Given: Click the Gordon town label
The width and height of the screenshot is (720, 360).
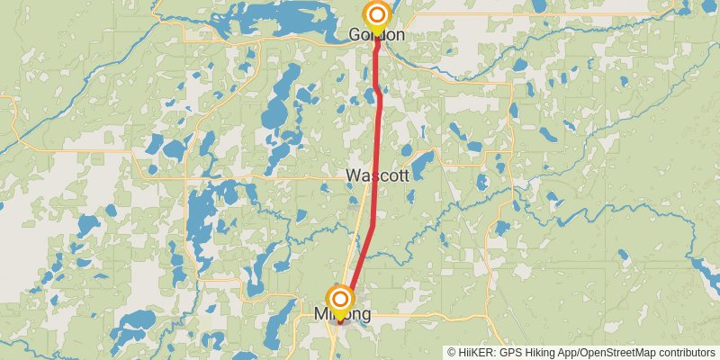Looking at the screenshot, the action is coord(376,35).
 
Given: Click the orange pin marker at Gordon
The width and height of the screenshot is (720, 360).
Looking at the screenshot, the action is coord(377,15).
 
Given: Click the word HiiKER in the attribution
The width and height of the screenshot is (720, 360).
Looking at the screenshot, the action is coord(476,352).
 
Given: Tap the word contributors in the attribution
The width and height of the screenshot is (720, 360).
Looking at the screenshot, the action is coord(688,352).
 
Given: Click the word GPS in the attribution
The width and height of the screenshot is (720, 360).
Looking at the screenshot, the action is coord(510,352).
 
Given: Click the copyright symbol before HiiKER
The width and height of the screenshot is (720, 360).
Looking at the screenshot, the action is coord(452,352).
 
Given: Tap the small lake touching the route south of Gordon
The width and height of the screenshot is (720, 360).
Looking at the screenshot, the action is coord(382,90).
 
